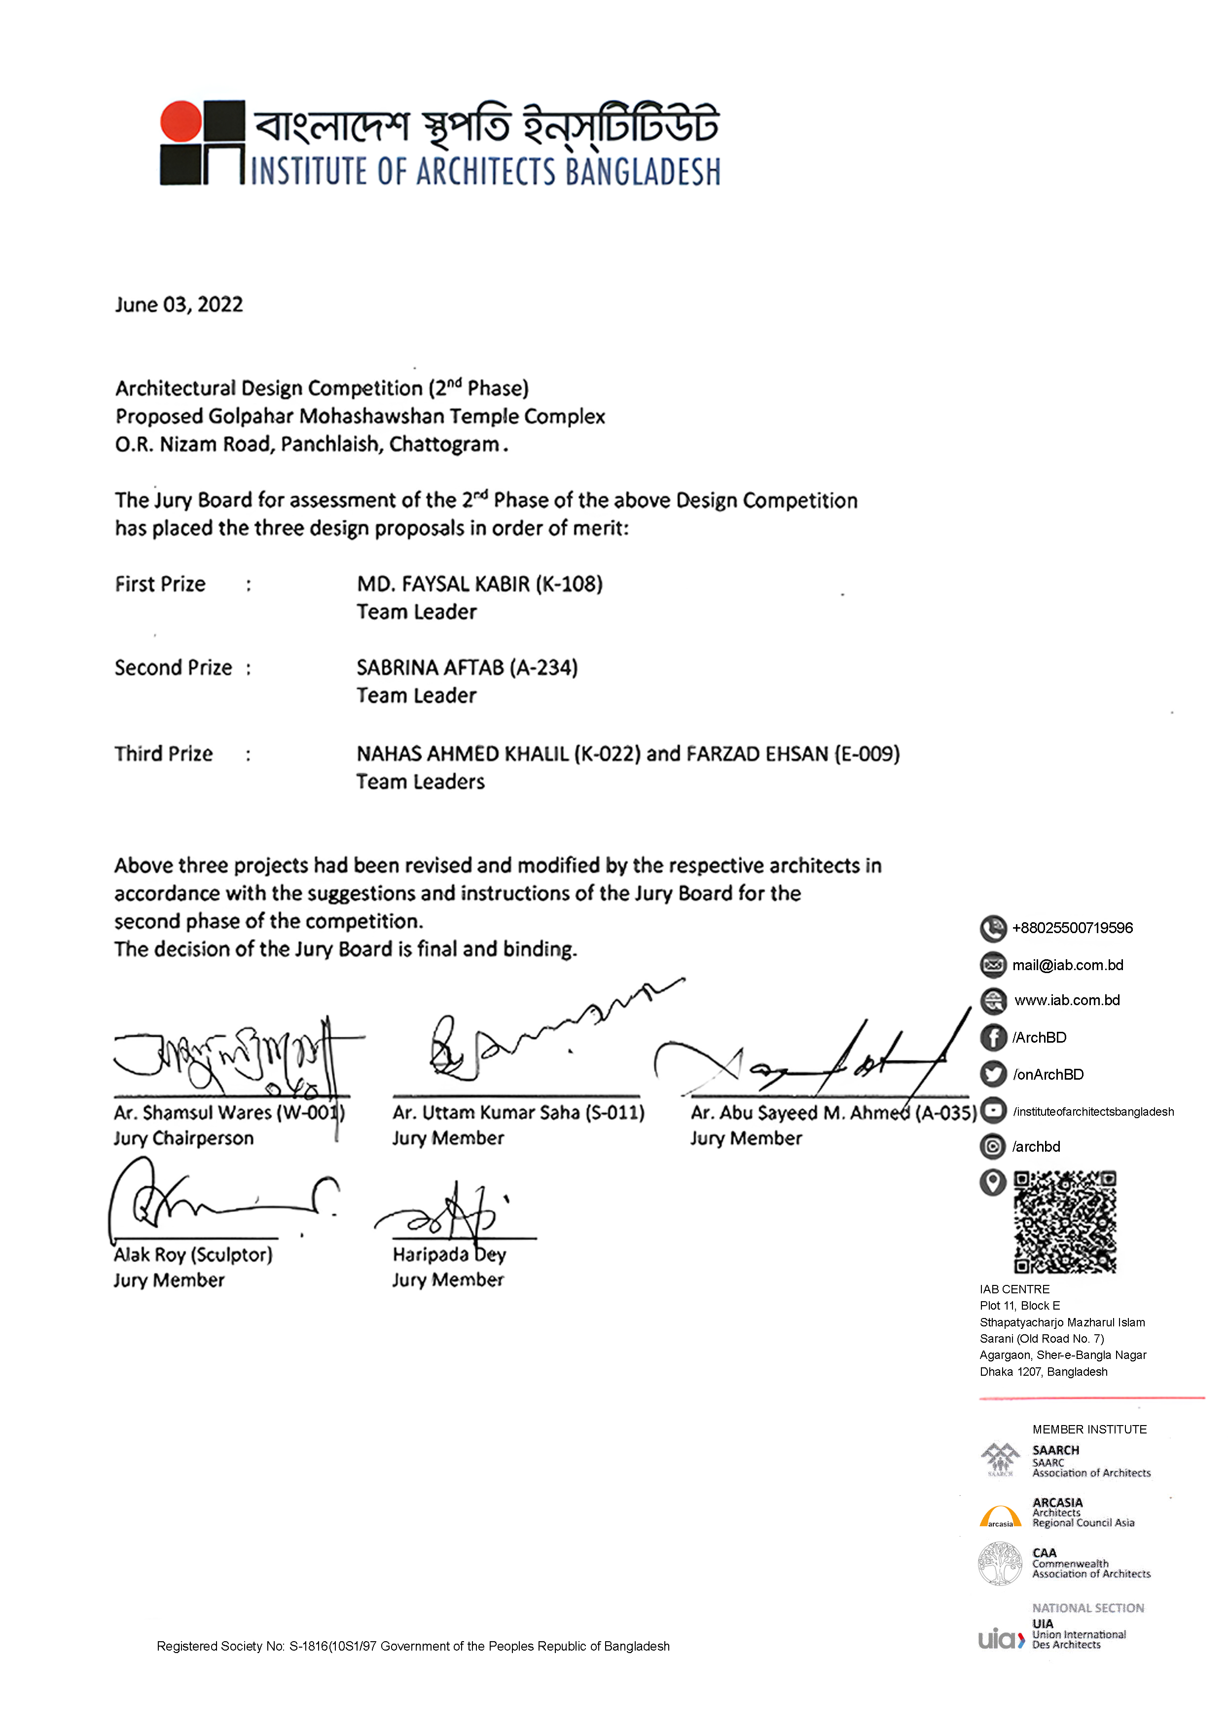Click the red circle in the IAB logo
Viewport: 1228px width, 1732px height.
tap(180, 121)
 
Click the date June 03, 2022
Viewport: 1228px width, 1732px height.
tap(179, 305)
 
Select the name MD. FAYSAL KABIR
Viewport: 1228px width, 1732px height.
tap(443, 584)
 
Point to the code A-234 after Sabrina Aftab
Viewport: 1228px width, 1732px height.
tap(543, 668)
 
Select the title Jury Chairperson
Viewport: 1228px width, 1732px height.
tap(184, 1139)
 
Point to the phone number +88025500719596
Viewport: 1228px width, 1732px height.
tap(1072, 929)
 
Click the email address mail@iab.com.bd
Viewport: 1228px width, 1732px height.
tap(1068, 966)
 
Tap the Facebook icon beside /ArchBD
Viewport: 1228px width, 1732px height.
tap(993, 1037)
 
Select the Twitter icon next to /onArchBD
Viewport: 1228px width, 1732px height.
tap(993, 1074)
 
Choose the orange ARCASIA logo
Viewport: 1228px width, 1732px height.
tap(1000, 1516)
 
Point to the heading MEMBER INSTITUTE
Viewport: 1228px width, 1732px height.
tap(1089, 1430)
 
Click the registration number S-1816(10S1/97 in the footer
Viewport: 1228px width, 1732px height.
tap(333, 1647)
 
